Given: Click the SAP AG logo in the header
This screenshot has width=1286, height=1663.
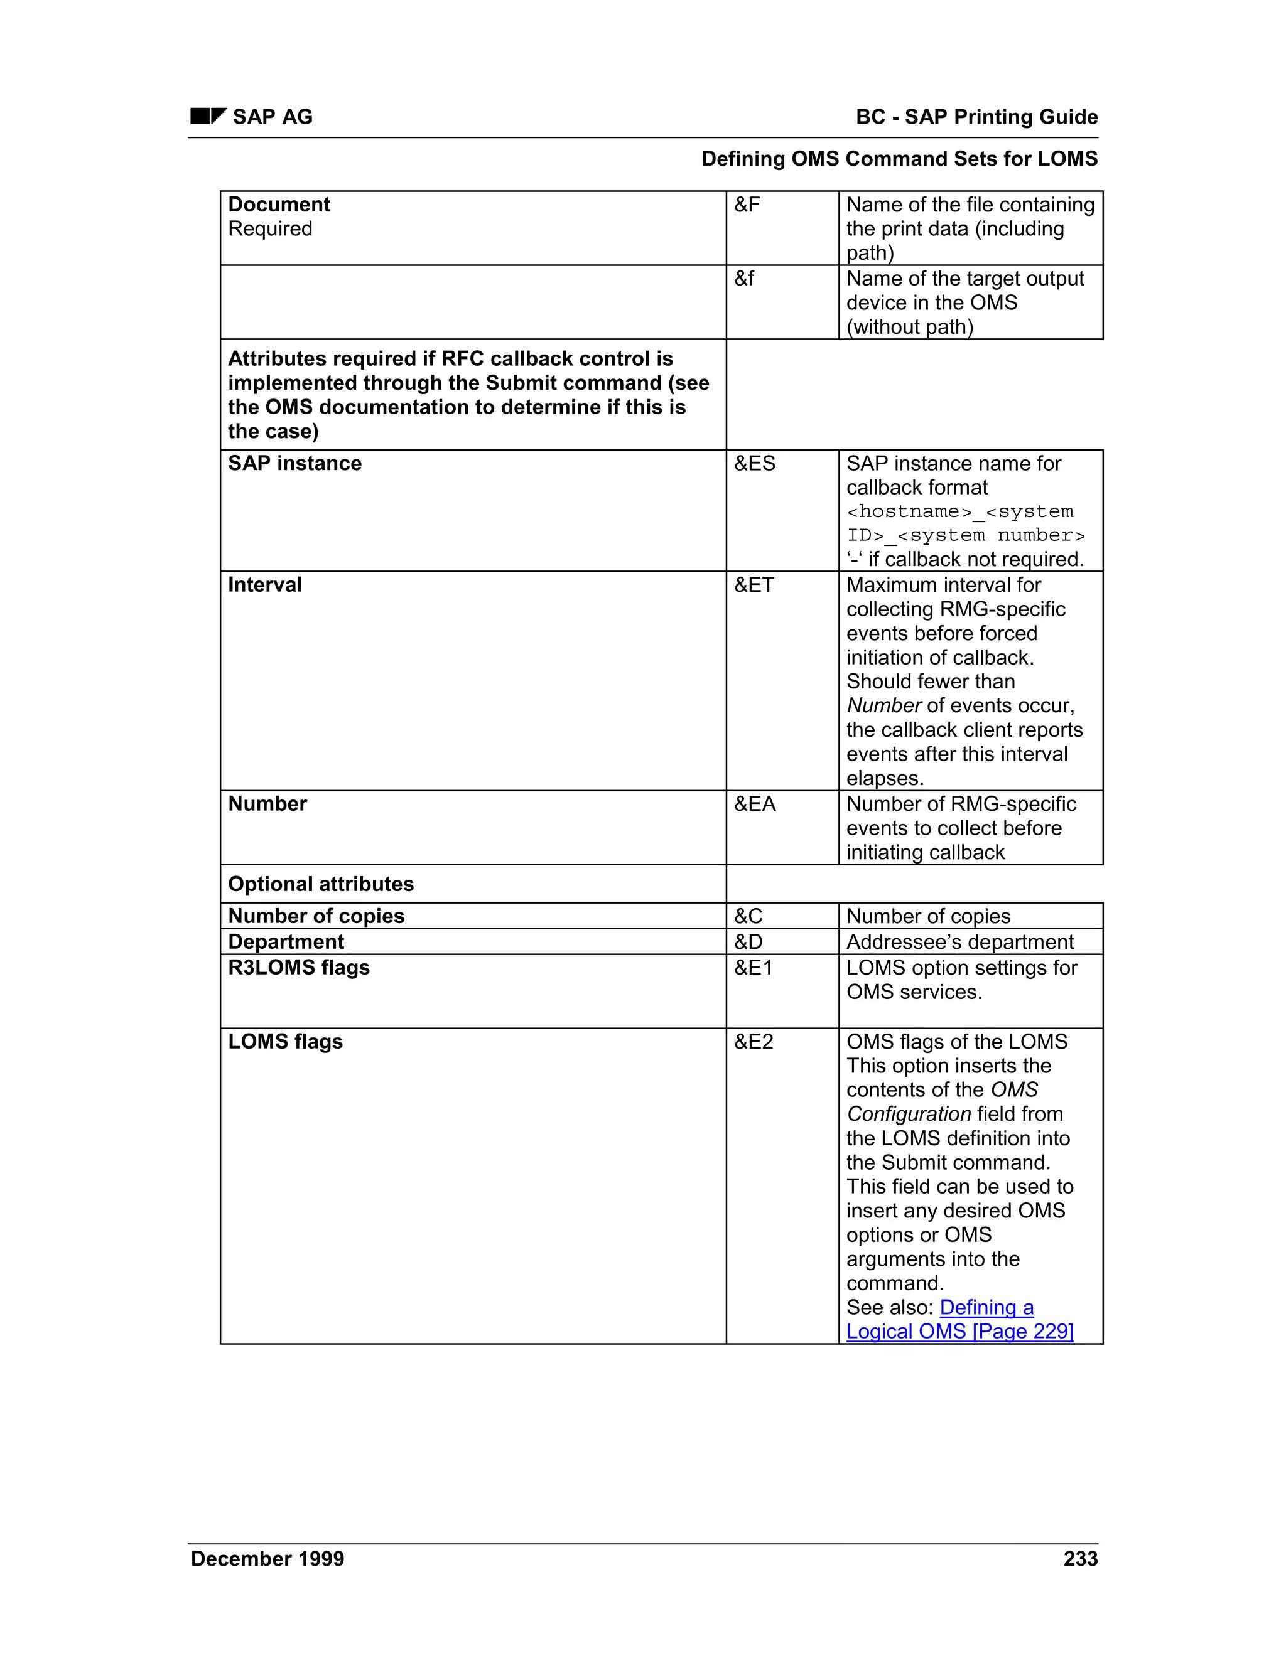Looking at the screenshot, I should pos(208,117).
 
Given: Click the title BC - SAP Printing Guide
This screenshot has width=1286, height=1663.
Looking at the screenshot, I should pos(976,117).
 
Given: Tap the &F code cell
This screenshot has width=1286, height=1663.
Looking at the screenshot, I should pos(747,205).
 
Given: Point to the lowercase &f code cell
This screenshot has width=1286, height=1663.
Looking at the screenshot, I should pos(743,279).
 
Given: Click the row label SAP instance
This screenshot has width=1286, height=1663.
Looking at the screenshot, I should pos(295,463).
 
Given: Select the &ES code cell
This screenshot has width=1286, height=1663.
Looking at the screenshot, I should pos(754,464).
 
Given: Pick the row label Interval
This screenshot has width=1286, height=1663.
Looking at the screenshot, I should pos(265,585).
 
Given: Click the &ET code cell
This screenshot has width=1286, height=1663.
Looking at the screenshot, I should pos(754,585).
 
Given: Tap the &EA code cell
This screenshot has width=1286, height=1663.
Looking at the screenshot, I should pos(754,804).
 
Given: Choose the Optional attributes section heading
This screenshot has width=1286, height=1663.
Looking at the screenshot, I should pos(321,884).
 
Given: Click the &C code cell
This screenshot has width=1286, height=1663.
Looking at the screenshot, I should pos(748,916).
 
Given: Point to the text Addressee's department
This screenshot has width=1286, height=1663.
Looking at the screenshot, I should pos(960,942).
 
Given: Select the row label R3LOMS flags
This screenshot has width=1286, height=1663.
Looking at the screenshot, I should pos(299,968).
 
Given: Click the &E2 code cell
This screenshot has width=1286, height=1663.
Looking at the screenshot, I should pos(754,1042).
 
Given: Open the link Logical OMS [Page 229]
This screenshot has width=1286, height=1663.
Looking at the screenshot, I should pos(960,1332).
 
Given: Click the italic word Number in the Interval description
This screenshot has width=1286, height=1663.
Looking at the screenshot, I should pos(883,706).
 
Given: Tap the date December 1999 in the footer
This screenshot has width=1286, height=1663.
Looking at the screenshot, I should pos(267,1559).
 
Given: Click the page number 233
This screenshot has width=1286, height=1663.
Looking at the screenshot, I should pos(1080,1559).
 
